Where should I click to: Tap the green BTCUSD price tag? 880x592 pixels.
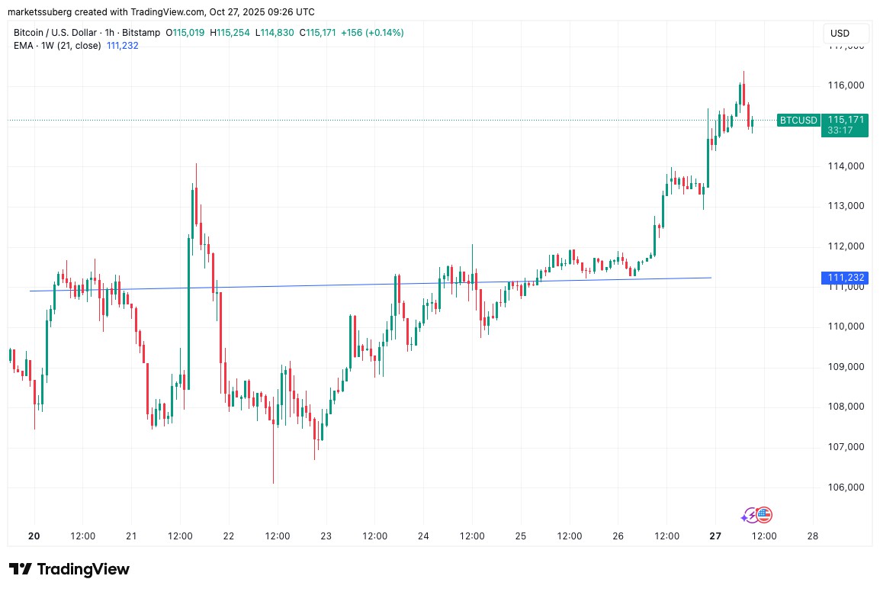pos(798,120)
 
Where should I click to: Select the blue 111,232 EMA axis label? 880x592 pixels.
pos(844,278)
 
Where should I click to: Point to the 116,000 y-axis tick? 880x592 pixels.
pos(846,85)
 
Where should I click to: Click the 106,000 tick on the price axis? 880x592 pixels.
pos(846,487)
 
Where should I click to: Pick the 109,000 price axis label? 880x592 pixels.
pos(846,367)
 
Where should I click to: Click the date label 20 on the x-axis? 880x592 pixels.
pos(34,536)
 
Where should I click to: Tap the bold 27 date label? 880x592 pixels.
pos(715,536)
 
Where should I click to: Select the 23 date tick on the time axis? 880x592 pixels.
pos(326,536)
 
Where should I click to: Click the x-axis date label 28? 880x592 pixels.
pos(812,536)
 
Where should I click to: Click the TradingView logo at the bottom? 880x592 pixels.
pos(69,569)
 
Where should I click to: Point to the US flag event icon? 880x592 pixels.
pos(764,515)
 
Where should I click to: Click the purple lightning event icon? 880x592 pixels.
pos(749,516)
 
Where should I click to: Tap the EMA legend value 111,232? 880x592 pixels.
pos(123,45)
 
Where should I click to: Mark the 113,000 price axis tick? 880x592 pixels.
pos(846,206)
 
